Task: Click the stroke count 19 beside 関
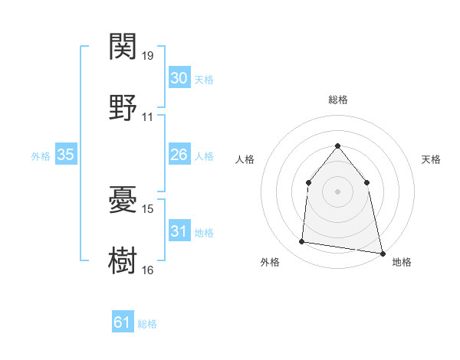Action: click(148, 56)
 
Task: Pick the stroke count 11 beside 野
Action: click(148, 117)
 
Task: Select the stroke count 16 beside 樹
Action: click(148, 270)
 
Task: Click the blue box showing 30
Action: click(179, 78)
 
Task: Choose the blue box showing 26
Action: click(179, 155)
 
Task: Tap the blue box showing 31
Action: click(179, 231)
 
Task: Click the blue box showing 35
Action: click(66, 155)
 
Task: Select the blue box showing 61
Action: click(123, 322)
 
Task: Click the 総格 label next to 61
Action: click(147, 324)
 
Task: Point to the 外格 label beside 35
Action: click(41, 155)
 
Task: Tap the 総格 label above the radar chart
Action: click(338, 100)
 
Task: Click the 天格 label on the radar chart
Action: click(431, 159)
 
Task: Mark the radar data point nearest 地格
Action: click(381, 252)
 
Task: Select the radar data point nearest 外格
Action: click(302, 242)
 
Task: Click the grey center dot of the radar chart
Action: click(338, 191)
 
